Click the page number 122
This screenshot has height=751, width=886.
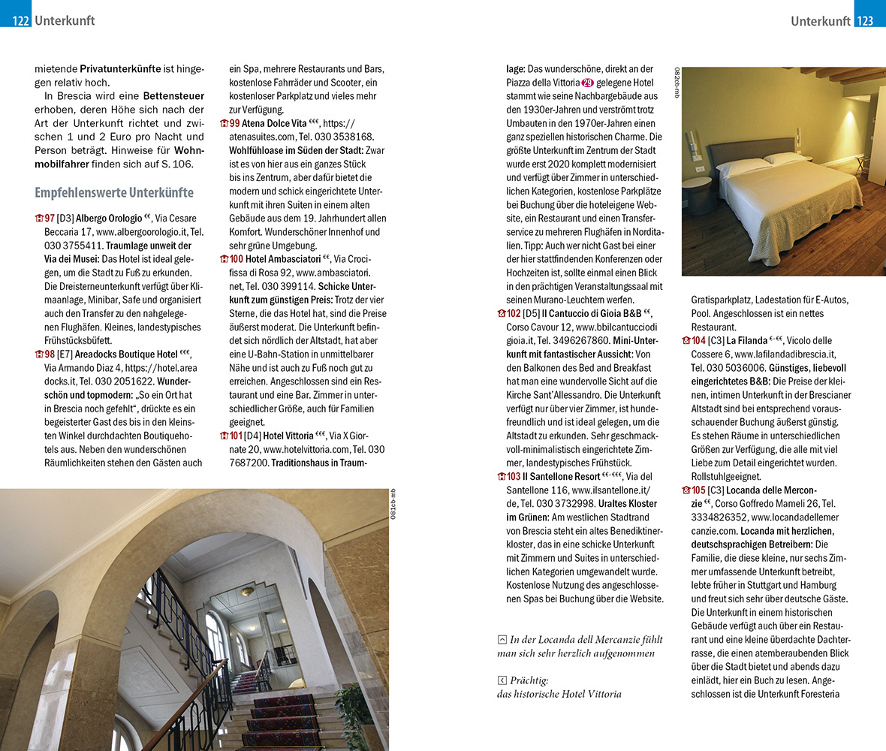coord(20,21)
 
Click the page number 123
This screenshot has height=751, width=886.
coord(865,21)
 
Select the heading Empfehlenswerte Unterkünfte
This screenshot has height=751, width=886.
coord(113,192)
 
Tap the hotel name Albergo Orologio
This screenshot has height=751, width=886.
coord(108,219)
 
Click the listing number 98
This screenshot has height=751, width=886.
coord(50,354)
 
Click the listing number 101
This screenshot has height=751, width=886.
coord(236,436)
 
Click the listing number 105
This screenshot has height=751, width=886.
coord(698,490)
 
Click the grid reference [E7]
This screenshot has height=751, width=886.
coord(65,354)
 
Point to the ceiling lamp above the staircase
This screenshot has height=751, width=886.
coord(247,591)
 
